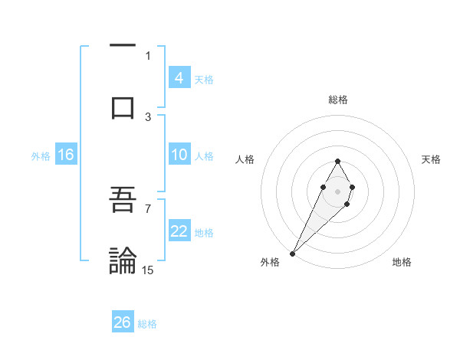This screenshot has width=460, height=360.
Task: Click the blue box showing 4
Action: coord(179,78)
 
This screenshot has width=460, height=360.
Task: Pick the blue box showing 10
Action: coord(179,155)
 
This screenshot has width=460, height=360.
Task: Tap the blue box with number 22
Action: coord(179,231)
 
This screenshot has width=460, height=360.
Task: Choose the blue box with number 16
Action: coord(65,155)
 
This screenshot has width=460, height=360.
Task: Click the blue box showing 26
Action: coord(123,322)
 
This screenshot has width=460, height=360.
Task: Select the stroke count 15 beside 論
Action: coord(148,270)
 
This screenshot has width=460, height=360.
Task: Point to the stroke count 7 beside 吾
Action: coord(148,208)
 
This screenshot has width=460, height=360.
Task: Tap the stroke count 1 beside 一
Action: coord(148,55)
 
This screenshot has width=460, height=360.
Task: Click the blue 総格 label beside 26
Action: coord(147,323)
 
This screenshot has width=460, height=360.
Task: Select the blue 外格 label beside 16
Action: coord(41,155)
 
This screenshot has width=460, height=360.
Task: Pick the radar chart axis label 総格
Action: coord(337,100)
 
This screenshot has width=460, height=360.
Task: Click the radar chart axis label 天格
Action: coord(431,159)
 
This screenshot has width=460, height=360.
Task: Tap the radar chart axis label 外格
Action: coord(270,262)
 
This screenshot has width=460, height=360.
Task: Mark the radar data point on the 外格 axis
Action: coord(292,253)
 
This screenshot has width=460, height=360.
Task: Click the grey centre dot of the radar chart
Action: coord(337,190)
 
